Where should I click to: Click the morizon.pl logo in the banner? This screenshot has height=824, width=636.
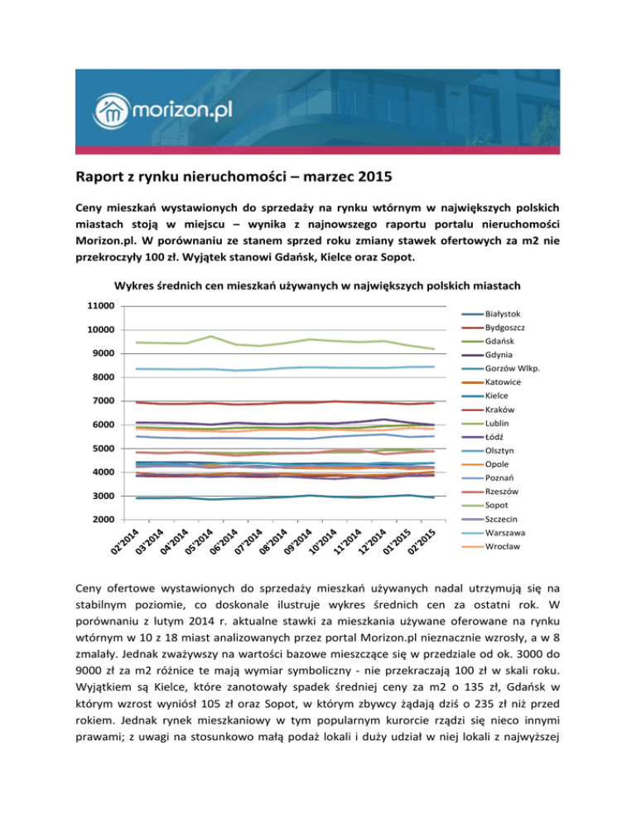[x=169, y=106]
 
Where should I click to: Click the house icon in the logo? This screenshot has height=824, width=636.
[x=111, y=107]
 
